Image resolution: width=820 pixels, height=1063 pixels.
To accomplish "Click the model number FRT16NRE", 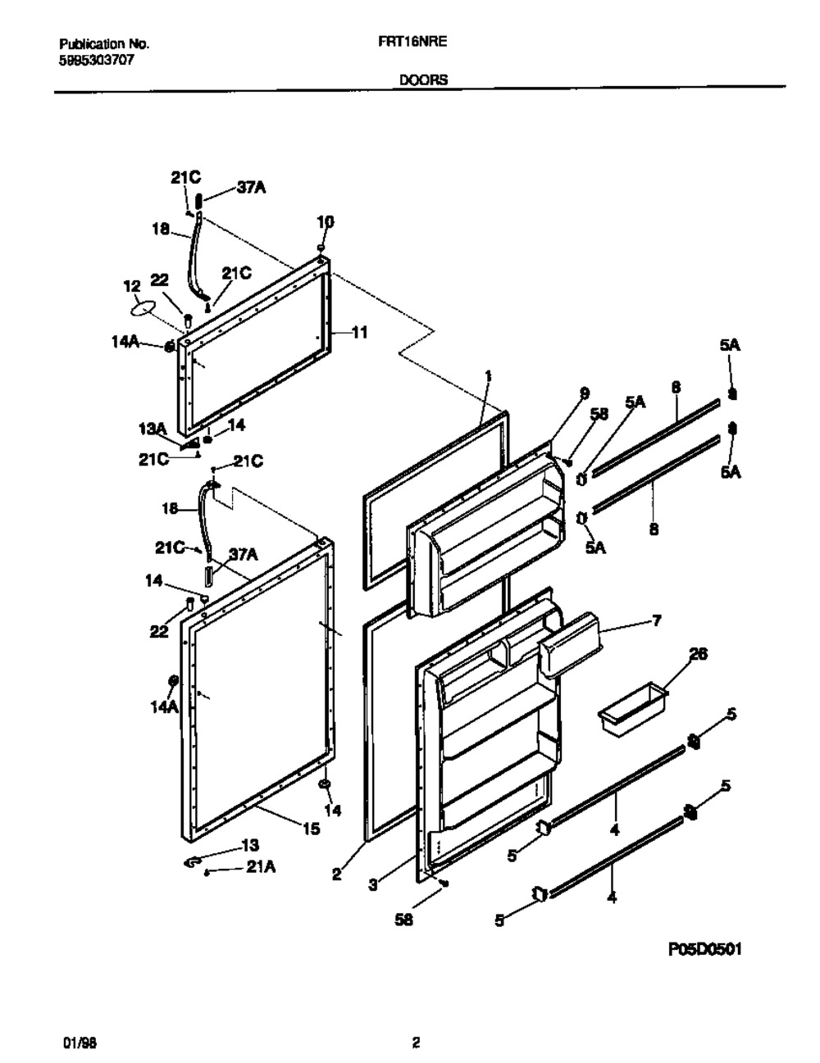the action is point(412,42).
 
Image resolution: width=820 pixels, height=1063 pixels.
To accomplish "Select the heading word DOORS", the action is point(424,80).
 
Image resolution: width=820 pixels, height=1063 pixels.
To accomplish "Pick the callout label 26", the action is point(698,654).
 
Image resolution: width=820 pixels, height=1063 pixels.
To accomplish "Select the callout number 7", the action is point(657,620).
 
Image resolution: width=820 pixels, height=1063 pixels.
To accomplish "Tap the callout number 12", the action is point(133,286).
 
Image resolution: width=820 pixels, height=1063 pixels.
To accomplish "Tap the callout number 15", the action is point(311,829).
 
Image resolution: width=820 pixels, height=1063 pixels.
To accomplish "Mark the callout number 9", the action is point(584,393).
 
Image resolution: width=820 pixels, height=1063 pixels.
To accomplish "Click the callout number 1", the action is point(488,377).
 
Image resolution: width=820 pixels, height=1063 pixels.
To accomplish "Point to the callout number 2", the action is point(337,874).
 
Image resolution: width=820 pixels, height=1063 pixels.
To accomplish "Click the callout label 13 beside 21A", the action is point(250,845).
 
